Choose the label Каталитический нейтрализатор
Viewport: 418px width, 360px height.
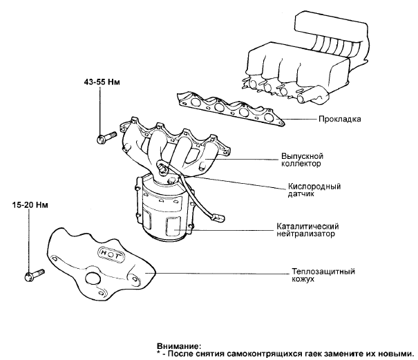coord(307,230)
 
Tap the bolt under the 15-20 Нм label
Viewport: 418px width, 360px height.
coord(32,276)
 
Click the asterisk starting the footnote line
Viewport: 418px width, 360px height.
coord(159,352)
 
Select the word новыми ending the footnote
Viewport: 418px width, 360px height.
coord(395,352)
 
